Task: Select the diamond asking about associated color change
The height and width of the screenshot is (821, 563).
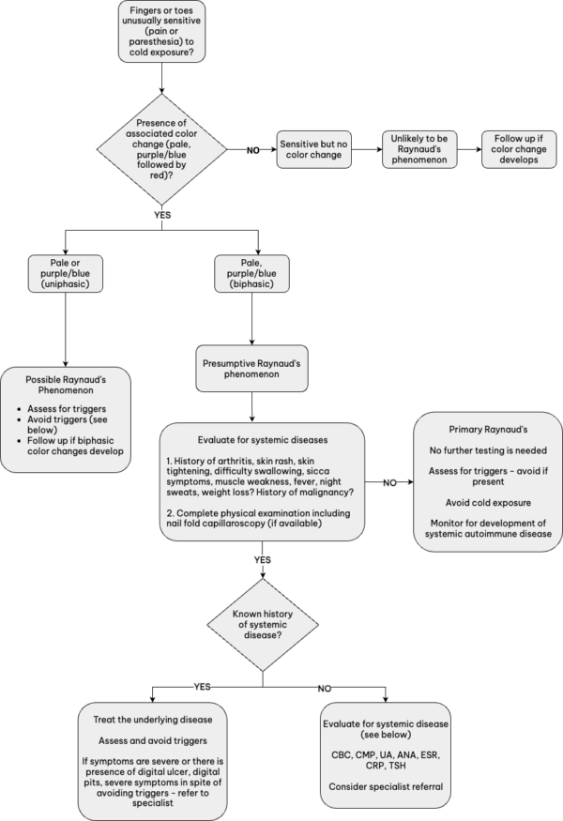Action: [162, 149]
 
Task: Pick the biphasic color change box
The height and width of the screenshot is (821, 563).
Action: [251, 278]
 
